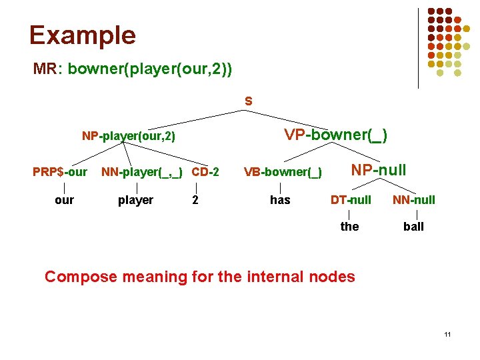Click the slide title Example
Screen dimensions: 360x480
tap(82, 35)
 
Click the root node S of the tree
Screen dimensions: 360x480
tap(248, 102)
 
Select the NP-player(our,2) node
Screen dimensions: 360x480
tap(128, 137)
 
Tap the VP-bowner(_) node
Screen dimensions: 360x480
tap(335, 135)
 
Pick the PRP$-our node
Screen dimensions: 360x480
tap(60, 172)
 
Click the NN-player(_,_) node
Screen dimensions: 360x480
tap(143, 172)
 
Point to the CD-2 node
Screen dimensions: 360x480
tap(205, 172)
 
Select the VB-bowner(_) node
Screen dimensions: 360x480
tap(283, 173)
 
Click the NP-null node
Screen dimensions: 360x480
tap(379, 170)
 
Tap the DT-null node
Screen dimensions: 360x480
tap(351, 199)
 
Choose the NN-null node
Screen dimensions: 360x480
tap(413, 199)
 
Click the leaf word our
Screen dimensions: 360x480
tap(64, 200)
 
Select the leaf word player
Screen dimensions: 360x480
tap(135, 200)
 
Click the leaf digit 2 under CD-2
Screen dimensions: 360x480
tap(195, 200)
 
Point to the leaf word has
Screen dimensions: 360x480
tap(280, 200)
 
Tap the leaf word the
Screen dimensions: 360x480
tap(349, 227)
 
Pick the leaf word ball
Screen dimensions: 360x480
tap(413, 227)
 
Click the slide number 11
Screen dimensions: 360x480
tap(447, 333)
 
